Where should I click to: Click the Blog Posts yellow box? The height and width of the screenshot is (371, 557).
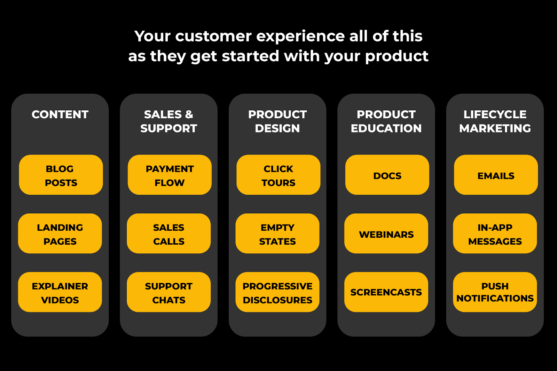tap(61, 175)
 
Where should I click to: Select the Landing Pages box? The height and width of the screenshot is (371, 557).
tap(60, 234)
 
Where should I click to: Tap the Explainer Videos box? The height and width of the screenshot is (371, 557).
tap(60, 292)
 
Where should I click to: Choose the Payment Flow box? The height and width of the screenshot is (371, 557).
tap(170, 175)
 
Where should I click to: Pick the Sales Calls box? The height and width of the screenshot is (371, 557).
tap(168, 234)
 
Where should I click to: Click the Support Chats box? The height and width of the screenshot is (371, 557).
tap(168, 292)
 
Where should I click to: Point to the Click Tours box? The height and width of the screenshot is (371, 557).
tap(278, 175)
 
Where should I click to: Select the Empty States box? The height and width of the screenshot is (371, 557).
tap(277, 234)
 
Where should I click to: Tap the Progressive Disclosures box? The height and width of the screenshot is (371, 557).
tap(277, 292)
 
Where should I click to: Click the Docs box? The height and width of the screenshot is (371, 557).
tap(387, 175)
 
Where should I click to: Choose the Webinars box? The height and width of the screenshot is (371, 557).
tap(386, 234)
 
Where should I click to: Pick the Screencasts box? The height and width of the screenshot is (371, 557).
tap(386, 292)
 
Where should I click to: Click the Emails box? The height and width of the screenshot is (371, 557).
tap(496, 175)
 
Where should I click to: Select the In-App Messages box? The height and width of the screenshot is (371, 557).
tap(495, 234)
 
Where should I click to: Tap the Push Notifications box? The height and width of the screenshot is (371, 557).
tap(495, 292)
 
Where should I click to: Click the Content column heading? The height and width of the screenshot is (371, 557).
tap(60, 115)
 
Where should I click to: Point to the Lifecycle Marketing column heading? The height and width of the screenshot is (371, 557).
tap(495, 121)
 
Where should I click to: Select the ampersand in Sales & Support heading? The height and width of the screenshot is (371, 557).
tap(189, 115)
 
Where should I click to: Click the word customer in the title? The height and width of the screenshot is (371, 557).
tap(213, 36)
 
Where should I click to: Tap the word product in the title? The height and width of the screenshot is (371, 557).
tap(397, 56)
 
